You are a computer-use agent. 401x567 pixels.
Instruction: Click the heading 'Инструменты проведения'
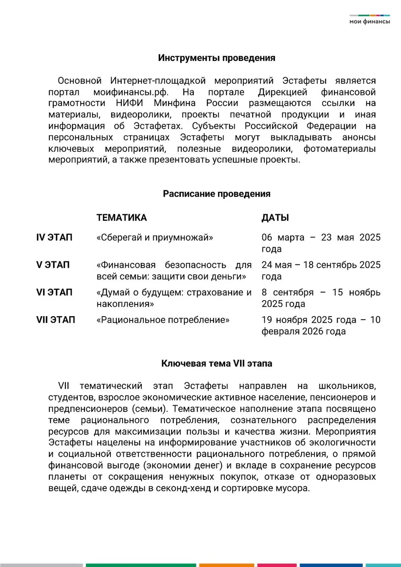(216, 58)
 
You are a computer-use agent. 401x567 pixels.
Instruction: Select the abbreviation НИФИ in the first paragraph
(133, 103)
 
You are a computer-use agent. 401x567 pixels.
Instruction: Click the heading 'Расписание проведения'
(216, 194)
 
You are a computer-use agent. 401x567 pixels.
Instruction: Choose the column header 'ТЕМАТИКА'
(121, 218)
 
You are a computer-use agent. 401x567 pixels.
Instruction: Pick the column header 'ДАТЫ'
(275, 218)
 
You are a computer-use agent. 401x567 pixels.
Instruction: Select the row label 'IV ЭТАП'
(54, 238)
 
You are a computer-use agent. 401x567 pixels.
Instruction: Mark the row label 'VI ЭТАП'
(54, 292)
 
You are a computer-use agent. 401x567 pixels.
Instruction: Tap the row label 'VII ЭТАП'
(55, 320)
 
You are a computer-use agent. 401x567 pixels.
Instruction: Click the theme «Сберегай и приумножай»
(154, 238)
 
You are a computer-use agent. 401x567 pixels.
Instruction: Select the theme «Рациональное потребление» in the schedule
(163, 320)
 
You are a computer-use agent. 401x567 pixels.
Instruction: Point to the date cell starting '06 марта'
(321, 243)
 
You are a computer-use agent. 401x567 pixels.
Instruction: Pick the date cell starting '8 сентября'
(321, 298)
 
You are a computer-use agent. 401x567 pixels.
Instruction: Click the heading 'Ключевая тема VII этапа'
(216, 363)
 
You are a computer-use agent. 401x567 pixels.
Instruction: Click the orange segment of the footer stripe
(226, 565)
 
